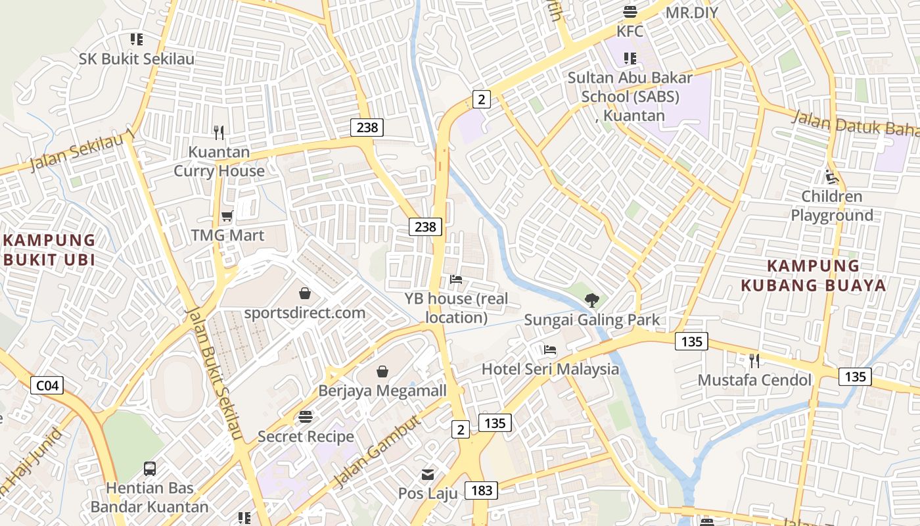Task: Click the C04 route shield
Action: click(47, 385)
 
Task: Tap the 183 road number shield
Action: click(481, 490)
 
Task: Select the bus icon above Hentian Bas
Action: click(150, 469)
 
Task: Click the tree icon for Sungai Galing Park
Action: click(592, 300)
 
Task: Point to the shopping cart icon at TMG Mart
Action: click(227, 216)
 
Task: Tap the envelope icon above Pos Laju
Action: click(428, 474)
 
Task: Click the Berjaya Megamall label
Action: click(382, 391)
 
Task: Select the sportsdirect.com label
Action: click(305, 312)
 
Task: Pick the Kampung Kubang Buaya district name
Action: click(814, 275)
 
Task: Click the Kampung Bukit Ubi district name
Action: click(49, 250)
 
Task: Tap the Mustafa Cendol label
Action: click(754, 380)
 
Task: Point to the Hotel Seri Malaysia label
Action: click(551, 369)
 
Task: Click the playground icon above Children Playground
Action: click(832, 177)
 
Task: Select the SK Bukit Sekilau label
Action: click(137, 59)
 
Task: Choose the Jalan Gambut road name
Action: click(377, 453)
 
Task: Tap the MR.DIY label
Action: click(692, 12)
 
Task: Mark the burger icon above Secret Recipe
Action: click(305, 417)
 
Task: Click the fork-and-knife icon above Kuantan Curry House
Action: click(219, 133)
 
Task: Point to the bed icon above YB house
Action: click(456, 279)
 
